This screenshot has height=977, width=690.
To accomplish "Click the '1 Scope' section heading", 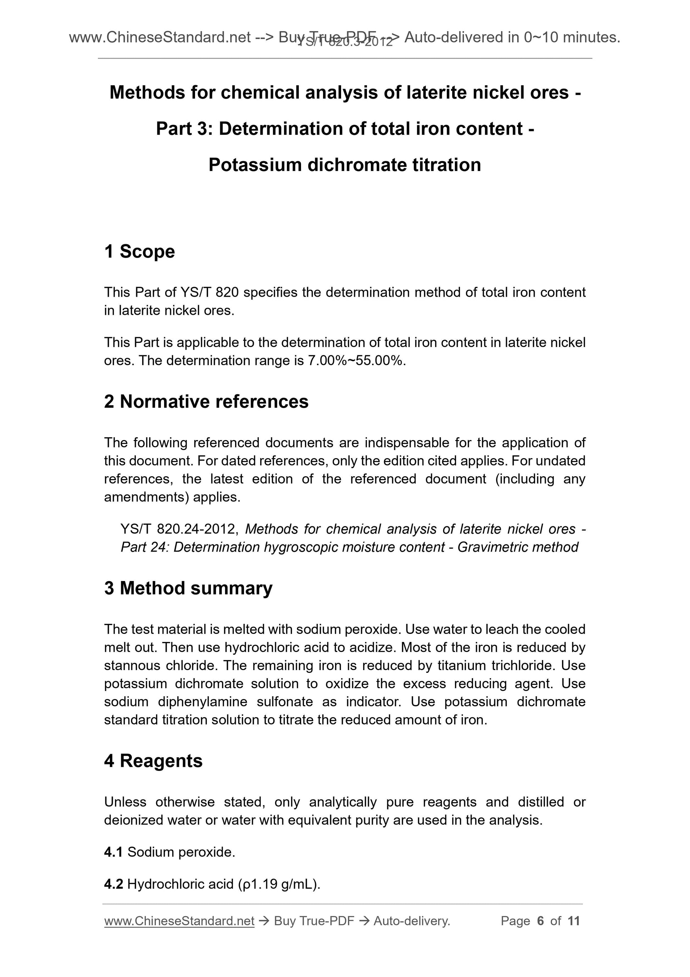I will click(139, 252).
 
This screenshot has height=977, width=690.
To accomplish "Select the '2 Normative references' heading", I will click(206, 402).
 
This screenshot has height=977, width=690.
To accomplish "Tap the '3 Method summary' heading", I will click(188, 588).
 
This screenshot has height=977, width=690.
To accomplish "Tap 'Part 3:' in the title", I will click(184, 129).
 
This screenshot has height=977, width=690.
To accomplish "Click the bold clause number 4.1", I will click(113, 852).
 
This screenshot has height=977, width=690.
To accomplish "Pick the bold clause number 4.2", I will click(113, 884).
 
